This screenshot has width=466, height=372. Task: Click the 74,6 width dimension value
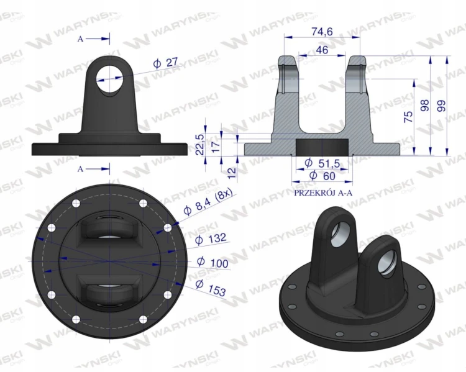pos(322,32)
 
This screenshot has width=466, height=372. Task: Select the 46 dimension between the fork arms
pos(322,50)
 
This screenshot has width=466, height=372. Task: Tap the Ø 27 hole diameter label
pos(165,63)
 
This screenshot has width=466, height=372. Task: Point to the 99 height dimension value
pos(442,106)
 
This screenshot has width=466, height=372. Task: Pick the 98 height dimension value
pos(426,106)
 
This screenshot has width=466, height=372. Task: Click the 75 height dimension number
pos(409,117)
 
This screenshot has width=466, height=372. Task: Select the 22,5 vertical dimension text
pos(201,145)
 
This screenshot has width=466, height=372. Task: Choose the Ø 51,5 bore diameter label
pos(322,163)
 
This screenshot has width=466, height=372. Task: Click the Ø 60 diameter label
pos(322,176)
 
